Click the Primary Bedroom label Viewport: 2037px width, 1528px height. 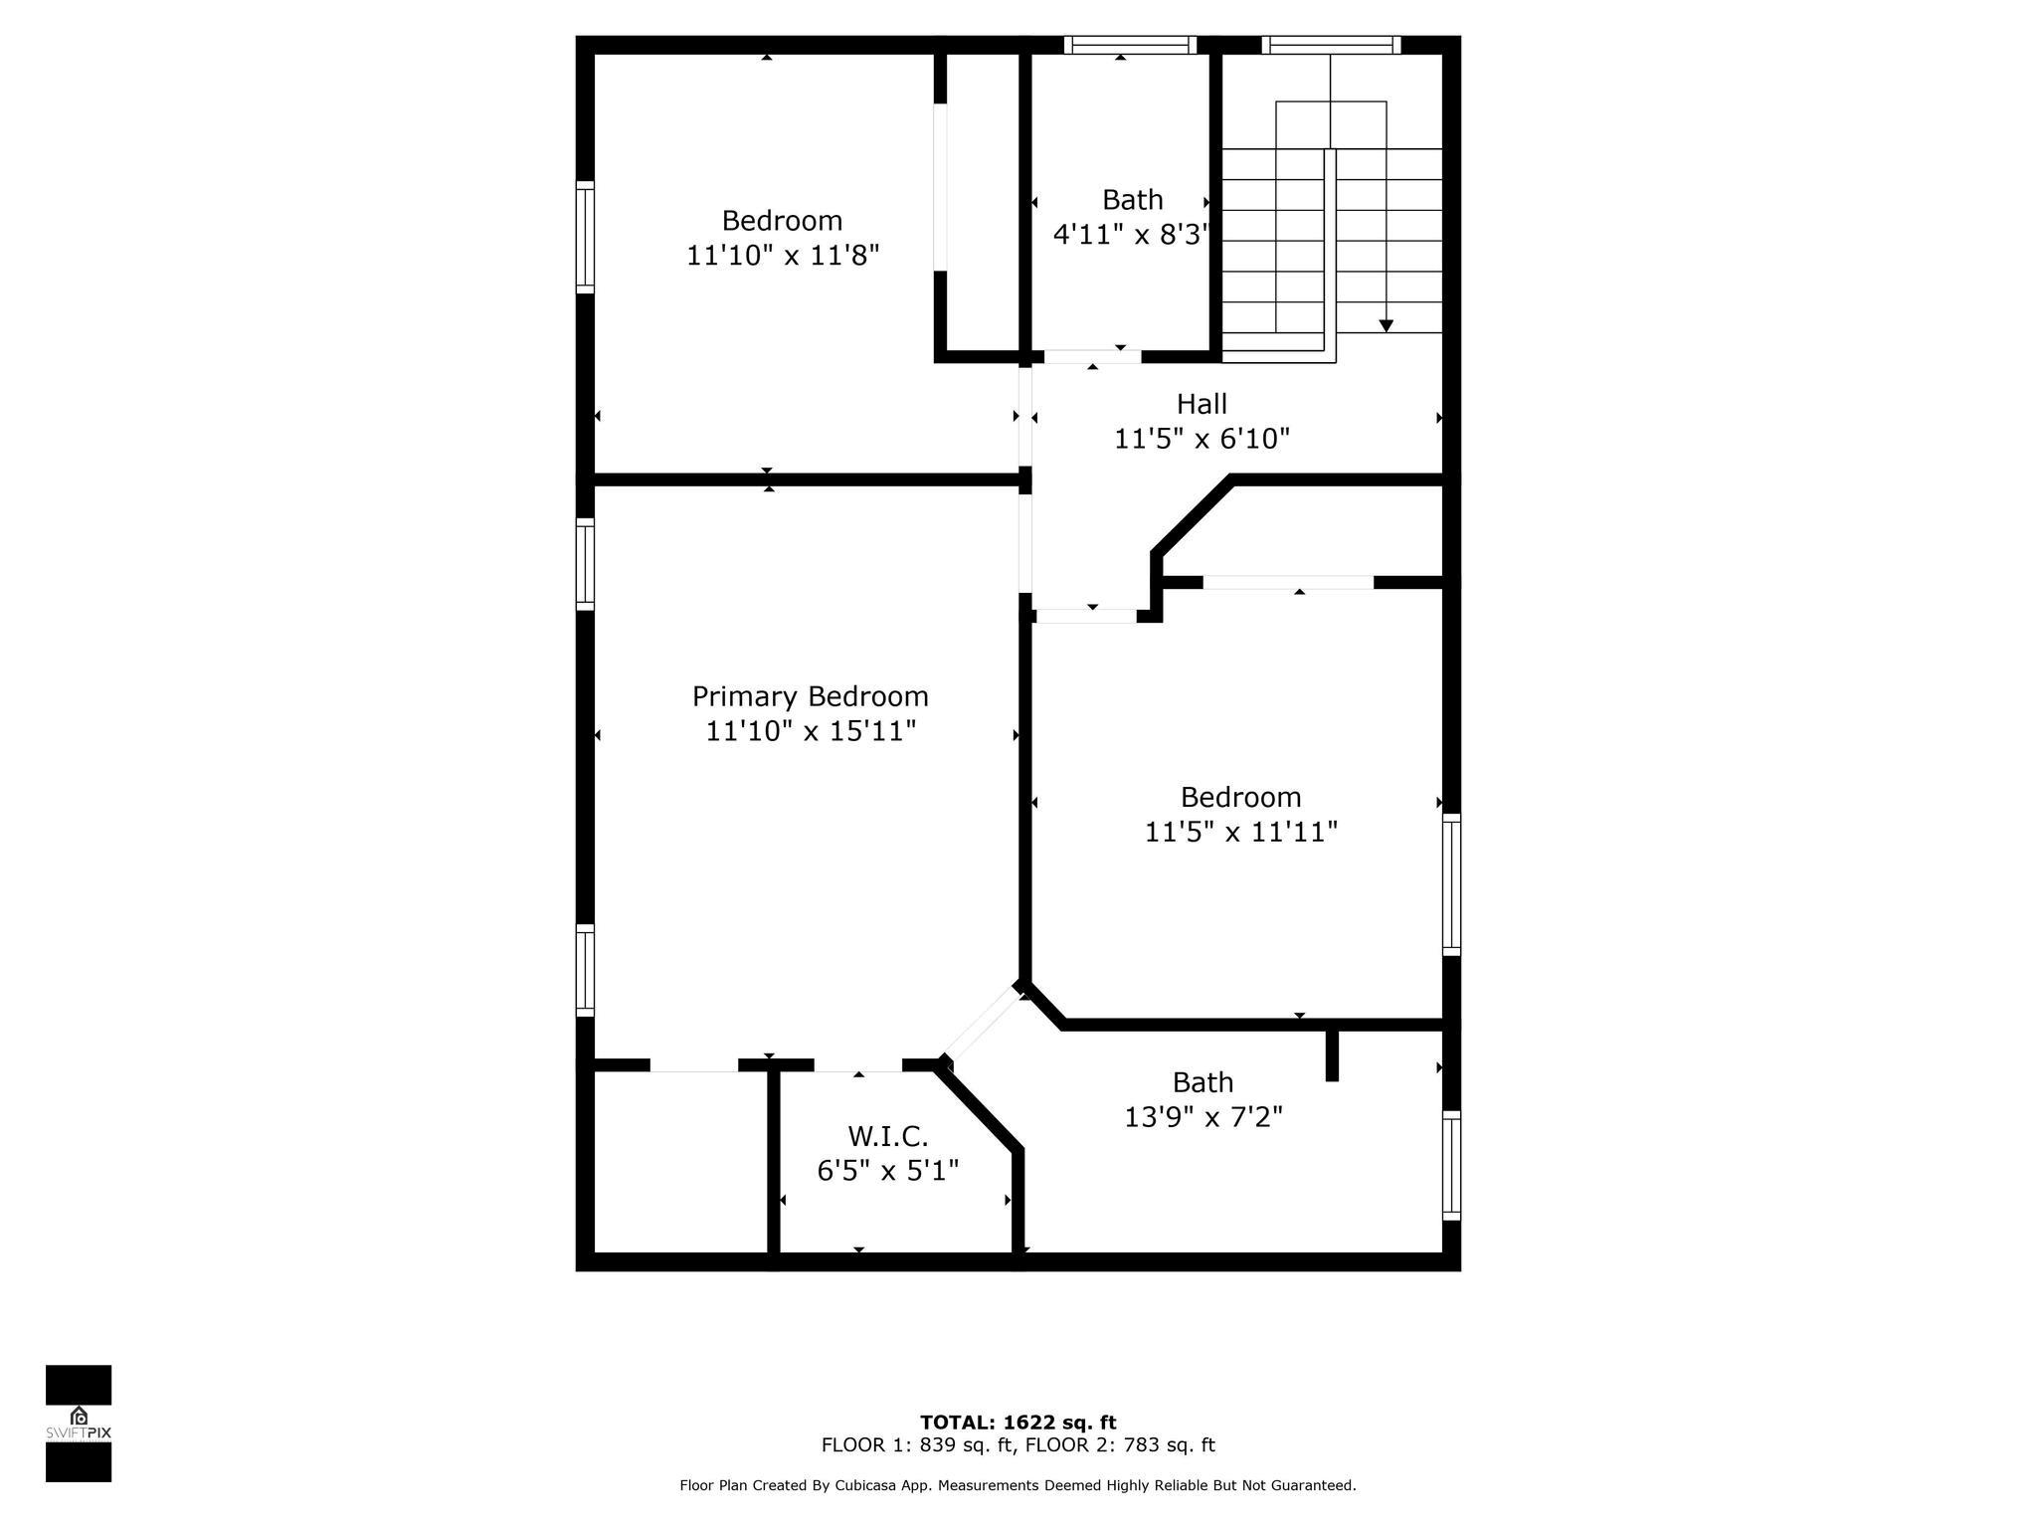tap(811, 696)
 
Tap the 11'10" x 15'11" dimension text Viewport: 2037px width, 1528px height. tap(811, 731)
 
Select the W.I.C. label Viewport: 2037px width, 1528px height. tap(888, 1136)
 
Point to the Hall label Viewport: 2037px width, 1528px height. tap(1202, 404)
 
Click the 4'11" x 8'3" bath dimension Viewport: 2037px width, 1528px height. tap(1132, 235)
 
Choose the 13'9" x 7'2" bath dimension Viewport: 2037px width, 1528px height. tap(1204, 1118)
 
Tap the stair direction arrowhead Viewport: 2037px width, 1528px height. tap(1387, 326)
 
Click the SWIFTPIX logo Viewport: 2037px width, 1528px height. tap(79, 1424)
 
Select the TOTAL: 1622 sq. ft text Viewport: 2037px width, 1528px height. tap(1018, 1423)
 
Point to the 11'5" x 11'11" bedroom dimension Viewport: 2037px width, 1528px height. tap(1241, 832)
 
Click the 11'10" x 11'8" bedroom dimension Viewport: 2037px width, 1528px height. tap(783, 256)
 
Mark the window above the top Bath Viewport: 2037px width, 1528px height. tap(1130, 45)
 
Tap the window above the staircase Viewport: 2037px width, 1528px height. tap(1331, 45)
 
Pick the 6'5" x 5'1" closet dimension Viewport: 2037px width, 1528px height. tap(888, 1171)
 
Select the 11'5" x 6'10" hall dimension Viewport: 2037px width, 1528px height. tap(1202, 439)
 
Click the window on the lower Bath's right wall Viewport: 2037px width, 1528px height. tap(1452, 1165)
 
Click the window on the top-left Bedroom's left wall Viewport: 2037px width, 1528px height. tap(586, 238)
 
